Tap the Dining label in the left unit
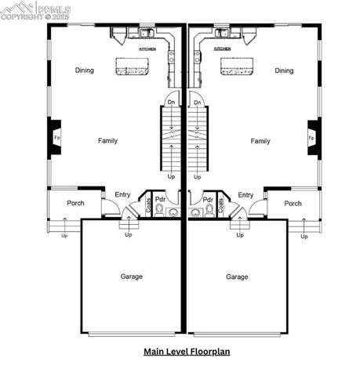(85, 70)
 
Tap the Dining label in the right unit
(284, 70)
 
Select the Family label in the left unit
(107, 141)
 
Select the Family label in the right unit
(260, 141)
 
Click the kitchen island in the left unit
(136, 66)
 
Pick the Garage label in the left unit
(131, 277)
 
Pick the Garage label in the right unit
(237, 277)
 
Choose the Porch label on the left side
(75, 204)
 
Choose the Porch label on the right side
(293, 204)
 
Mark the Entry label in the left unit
(123, 195)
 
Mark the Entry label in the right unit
(245, 195)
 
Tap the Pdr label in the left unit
(160, 199)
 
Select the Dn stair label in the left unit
(172, 103)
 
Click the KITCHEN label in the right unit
(222, 49)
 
